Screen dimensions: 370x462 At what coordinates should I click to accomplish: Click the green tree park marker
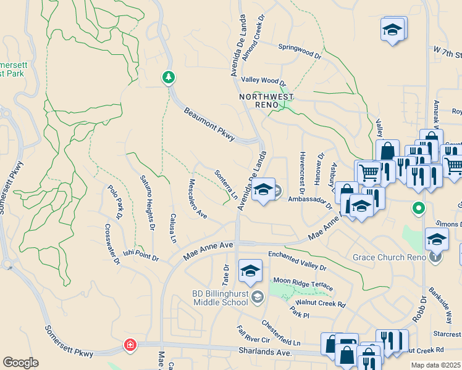[168, 78]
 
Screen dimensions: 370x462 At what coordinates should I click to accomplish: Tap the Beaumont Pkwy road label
[209, 124]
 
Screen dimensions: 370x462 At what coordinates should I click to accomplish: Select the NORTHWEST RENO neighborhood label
[267, 101]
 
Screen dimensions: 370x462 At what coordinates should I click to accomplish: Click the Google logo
[20, 363]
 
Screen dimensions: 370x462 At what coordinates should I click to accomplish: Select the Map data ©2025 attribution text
[435, 366]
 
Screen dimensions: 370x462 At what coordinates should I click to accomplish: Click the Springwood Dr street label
[300, 51]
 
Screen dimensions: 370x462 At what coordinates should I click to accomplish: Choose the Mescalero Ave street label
[197, 199]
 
